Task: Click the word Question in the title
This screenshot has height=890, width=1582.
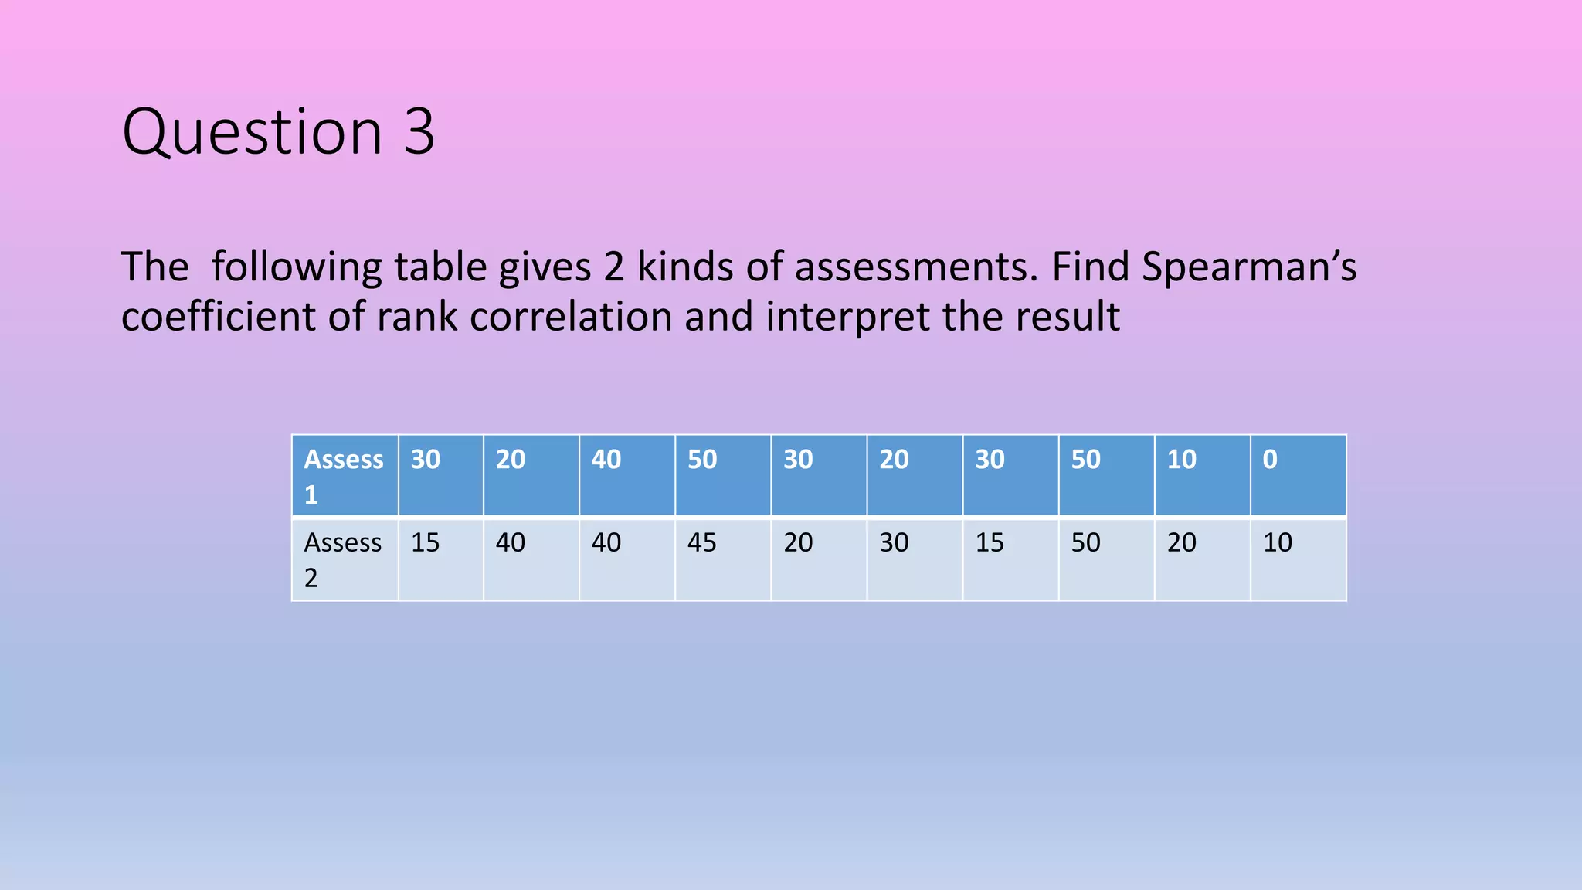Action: click(x=252, y=133)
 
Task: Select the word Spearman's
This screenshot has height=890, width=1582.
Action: click(x=1248, y=267)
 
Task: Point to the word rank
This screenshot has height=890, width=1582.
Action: click(x=416, y=317)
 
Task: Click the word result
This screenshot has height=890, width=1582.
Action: click(x=1067, y=317)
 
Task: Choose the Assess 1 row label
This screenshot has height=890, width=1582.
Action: click(x=344, y=476)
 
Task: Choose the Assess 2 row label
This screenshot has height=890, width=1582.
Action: click(x=343, y=559)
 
